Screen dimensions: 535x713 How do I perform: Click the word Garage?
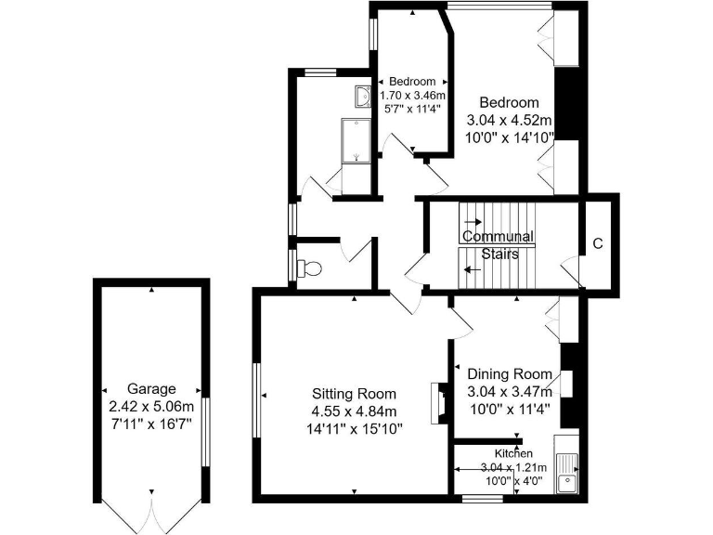[151, 389]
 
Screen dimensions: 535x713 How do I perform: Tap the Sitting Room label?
[353, 393]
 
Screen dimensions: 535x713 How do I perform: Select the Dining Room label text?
[511, 374]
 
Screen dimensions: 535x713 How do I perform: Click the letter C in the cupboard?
[598, 244]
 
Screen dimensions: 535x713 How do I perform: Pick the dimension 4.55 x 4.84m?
[353, 411]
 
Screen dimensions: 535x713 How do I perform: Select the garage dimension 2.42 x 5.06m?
[151, 407]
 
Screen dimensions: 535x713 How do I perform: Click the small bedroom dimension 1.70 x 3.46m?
[412, 95]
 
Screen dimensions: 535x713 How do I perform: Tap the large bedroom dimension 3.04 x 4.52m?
[510, 120]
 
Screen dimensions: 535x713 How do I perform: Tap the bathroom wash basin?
[364, 97]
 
